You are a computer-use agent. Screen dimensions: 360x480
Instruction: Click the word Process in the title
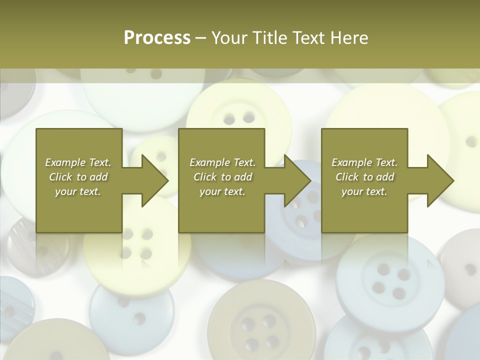(x=157, y=38)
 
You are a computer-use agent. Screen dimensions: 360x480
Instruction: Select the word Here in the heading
(x=348, y=38)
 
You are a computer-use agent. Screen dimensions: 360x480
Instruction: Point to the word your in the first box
(x=64, y=191)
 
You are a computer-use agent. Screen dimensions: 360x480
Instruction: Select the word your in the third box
(x=351, y=191)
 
